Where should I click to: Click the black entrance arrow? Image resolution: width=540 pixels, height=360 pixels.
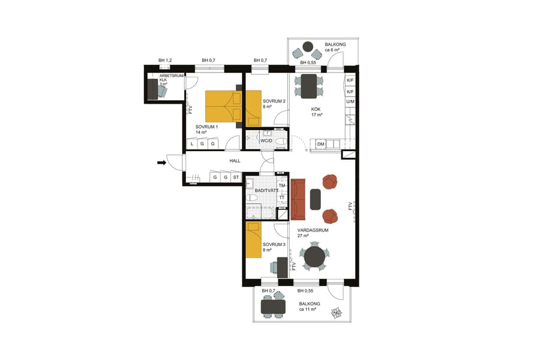[162, 162]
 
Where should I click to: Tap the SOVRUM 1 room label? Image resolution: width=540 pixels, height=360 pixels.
[206, 127]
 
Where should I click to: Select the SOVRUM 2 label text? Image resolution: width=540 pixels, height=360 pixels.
[274, 101]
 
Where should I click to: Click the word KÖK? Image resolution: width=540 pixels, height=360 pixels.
[316, 109]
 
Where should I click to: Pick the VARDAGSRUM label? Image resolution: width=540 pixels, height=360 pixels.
[312, 229]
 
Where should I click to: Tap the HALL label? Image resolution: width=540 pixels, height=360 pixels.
[235, 161]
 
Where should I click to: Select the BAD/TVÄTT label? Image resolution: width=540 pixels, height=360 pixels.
[266, 190]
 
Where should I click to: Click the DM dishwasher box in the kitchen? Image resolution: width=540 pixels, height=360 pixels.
[321, 144]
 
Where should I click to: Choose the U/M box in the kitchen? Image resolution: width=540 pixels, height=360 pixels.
[350, 102]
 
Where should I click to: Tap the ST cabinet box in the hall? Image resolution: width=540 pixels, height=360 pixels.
[236, 178]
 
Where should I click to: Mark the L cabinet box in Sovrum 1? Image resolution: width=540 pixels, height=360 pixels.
[191, 144]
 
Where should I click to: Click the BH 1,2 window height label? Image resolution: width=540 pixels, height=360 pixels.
[165, 61]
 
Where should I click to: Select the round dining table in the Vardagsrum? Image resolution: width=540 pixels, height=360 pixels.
[314, 257]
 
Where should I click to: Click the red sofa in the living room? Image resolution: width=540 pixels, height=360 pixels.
[298, 199]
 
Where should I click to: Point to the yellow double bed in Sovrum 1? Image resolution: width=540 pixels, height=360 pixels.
[223, 106]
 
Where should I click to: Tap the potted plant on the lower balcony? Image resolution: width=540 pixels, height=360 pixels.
[337, 313]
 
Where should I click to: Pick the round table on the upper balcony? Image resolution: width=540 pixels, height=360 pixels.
[308, 46]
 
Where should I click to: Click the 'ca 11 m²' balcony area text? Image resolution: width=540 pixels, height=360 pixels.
[310, 311]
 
